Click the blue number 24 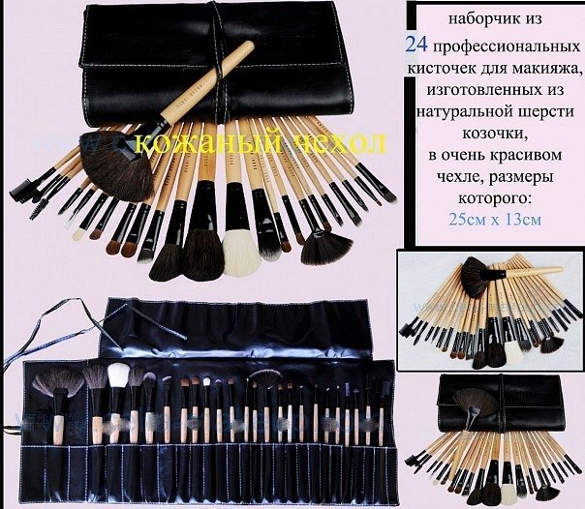pyautogui.click(x=416, y=45)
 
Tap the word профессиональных pyautogui.click(x=507, y=47)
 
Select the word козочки pyautogui.click(x=496, y=133)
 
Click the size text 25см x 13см pyautogui.click(x=495, y=219)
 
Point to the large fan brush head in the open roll pyautogui.click(x=57, y=383)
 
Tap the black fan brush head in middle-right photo pyautogui.click(x=475, y=277)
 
